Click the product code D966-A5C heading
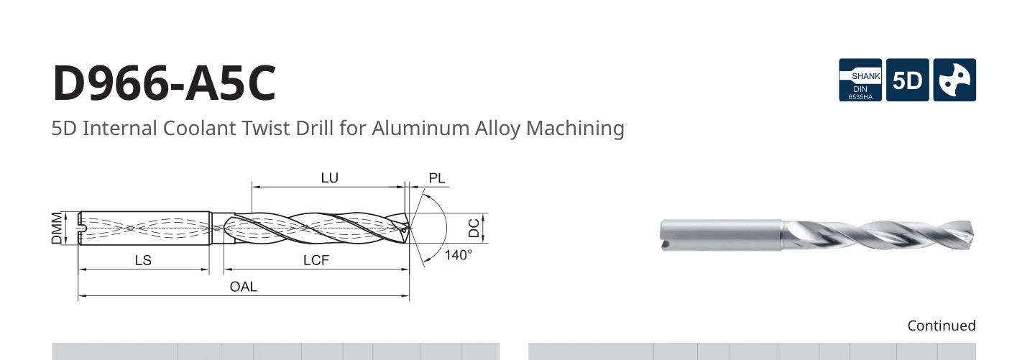point(165,83)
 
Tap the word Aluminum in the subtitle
point(420,128)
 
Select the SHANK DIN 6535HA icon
point(860,80)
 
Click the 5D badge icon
point(907,80)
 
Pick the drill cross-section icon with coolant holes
point(954,80)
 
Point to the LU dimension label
point(330,177)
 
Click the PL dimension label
point(437,178)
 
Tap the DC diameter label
point(474,228)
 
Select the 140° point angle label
point(459,255)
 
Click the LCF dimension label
point(316,260)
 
